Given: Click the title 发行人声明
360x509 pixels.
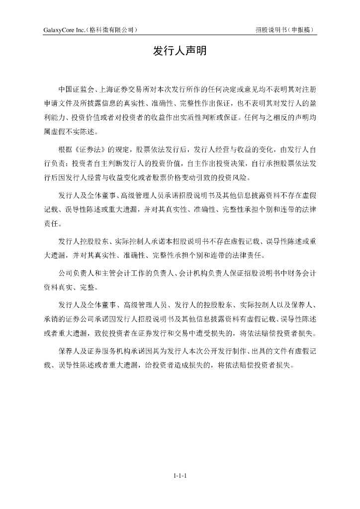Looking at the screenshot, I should [180, 51].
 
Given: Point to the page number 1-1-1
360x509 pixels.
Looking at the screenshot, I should [180, 476].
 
